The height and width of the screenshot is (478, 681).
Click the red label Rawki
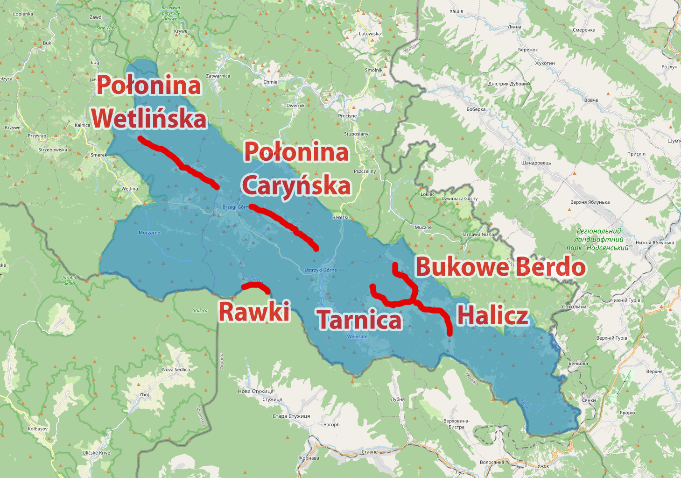254,312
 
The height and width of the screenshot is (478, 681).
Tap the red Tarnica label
359,320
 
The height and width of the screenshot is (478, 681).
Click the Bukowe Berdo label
500,267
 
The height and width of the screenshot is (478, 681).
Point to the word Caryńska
296,185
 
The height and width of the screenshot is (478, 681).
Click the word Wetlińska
149,118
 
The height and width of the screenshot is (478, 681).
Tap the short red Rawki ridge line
256,285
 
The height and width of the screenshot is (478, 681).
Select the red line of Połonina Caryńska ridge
285,225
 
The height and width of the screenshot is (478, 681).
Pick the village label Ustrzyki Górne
321,270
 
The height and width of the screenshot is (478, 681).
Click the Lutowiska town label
370,34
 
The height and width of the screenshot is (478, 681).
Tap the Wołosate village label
358,336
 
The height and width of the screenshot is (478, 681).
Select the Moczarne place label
149,233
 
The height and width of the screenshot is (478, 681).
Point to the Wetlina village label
130,189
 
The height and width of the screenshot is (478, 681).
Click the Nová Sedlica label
176,370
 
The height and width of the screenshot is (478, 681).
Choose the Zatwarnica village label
218,76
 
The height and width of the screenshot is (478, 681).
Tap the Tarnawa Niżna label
477,234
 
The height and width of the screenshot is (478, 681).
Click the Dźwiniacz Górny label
459,199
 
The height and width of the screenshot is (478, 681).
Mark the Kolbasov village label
38,428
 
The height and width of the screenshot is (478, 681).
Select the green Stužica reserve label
200,310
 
